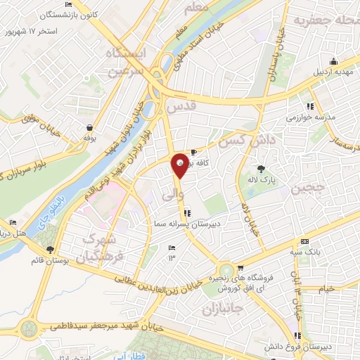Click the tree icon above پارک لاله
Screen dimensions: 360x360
[x=262, y=168]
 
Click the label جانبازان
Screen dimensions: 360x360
[x=224, y=309]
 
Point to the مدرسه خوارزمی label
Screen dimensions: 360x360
[x=303, y=116]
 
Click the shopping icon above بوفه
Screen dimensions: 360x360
[x=90, y=127]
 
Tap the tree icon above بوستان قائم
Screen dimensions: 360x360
[x=49, y=249]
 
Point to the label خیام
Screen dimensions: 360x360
[x=326, y=289]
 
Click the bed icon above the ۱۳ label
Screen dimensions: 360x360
[x=172, y=247]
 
